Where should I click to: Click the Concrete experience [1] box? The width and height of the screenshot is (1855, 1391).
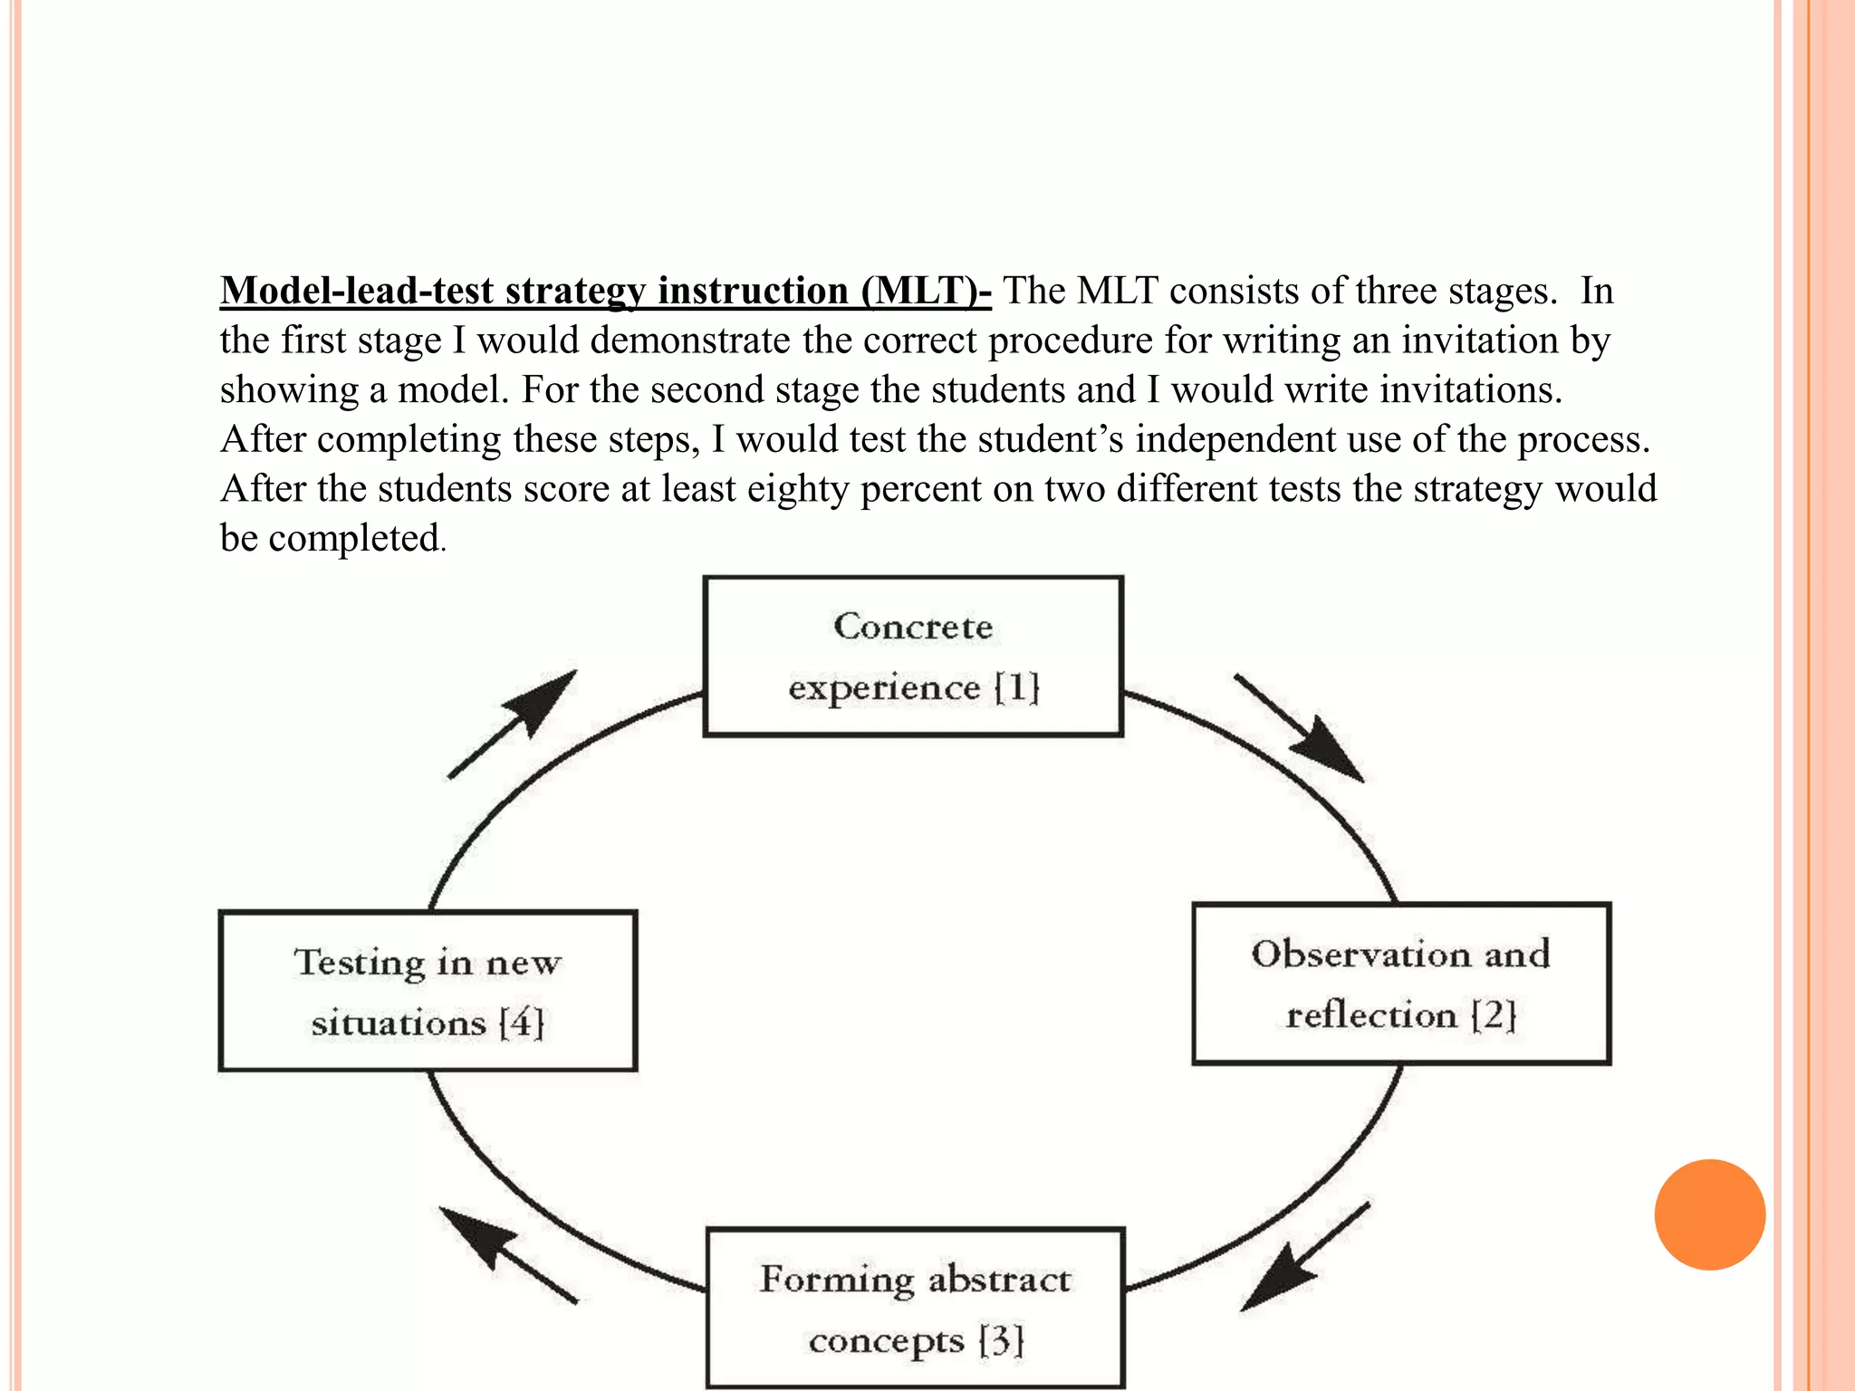[x=913, y=657]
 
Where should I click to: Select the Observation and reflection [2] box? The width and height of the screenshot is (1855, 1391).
[x=1401, y=983]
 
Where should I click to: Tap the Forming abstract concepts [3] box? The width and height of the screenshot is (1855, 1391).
[x=915, y=1308]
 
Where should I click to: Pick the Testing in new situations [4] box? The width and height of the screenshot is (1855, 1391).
[x=428, y=991]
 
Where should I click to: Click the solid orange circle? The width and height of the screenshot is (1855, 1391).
[x=1709, y=1214]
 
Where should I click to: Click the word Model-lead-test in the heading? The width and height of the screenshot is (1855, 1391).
[x=357, y=291]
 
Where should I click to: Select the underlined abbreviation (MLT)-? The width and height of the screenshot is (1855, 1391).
[x=926, y=291]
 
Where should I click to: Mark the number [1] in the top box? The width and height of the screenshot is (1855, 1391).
[x=1016, y=687]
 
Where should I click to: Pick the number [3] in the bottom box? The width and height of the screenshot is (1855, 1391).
[x=1001, y=1339]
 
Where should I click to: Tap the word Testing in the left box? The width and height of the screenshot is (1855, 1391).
[x=359, y=962]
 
